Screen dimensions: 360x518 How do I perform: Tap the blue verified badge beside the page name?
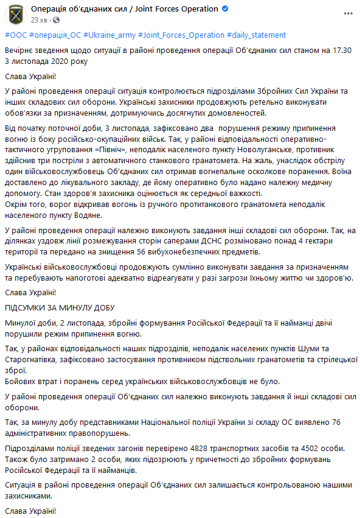224,9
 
